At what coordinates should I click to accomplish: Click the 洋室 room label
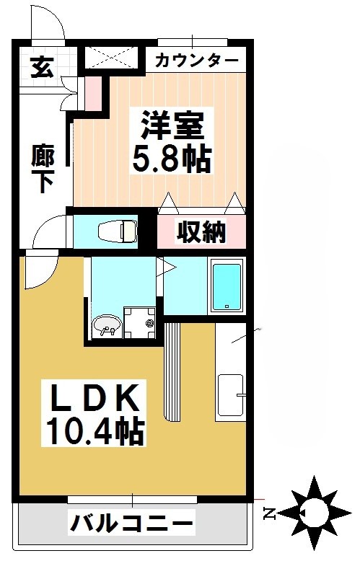point(172,125)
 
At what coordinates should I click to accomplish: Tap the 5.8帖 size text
point(172,158)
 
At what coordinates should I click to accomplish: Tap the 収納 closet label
point(203,232)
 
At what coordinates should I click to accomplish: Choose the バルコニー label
point(132,521)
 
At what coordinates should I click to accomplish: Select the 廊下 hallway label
point(43,168)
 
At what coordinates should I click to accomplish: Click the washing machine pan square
point(139,322)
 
